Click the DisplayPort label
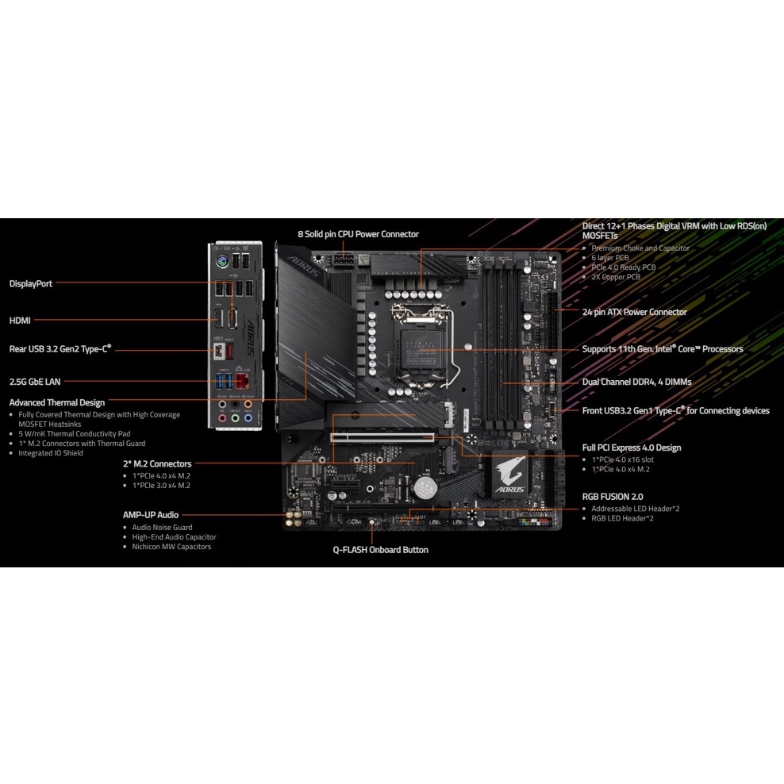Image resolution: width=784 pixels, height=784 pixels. tap(30, 283)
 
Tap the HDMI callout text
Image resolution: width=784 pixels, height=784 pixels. tap(20, 321)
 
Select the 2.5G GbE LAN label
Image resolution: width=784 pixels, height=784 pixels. tap(35, 382)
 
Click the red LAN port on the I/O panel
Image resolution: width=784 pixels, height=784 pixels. tap(243, 381)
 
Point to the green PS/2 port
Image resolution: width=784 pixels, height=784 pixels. tap(222, 260)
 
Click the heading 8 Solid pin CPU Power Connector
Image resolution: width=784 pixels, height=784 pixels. tap(358, 234)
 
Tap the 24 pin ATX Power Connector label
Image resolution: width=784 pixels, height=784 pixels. tap(635, 312)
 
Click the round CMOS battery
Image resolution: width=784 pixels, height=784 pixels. tap(425, 487)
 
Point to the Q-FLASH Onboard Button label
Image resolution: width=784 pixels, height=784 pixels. tap(381, 549)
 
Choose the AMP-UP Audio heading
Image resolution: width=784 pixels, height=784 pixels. tap(151, 514)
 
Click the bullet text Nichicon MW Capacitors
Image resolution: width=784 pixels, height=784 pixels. tap(171, 547)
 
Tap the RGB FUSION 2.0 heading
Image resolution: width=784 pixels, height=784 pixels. tap(613, 497)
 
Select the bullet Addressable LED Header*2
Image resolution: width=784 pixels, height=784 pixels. tap(636, 509)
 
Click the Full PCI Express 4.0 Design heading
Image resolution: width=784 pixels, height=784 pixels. tap(632, 448)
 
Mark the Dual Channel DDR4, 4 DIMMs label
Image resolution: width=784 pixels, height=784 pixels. tap(637, 382)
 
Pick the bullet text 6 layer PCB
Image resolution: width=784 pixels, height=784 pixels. tap(610, 258)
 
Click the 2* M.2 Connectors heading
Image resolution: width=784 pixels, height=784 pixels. tap(157, 463)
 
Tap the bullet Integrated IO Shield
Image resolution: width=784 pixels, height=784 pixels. tap(51, 453)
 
